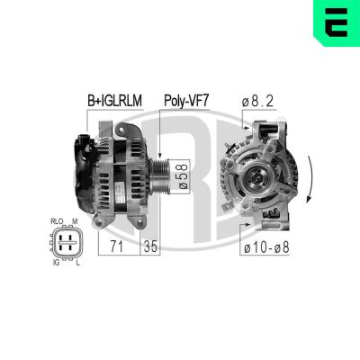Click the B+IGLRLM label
pos(113,101)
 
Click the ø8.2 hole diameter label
pos(258,101)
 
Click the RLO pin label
pos(57,220)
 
